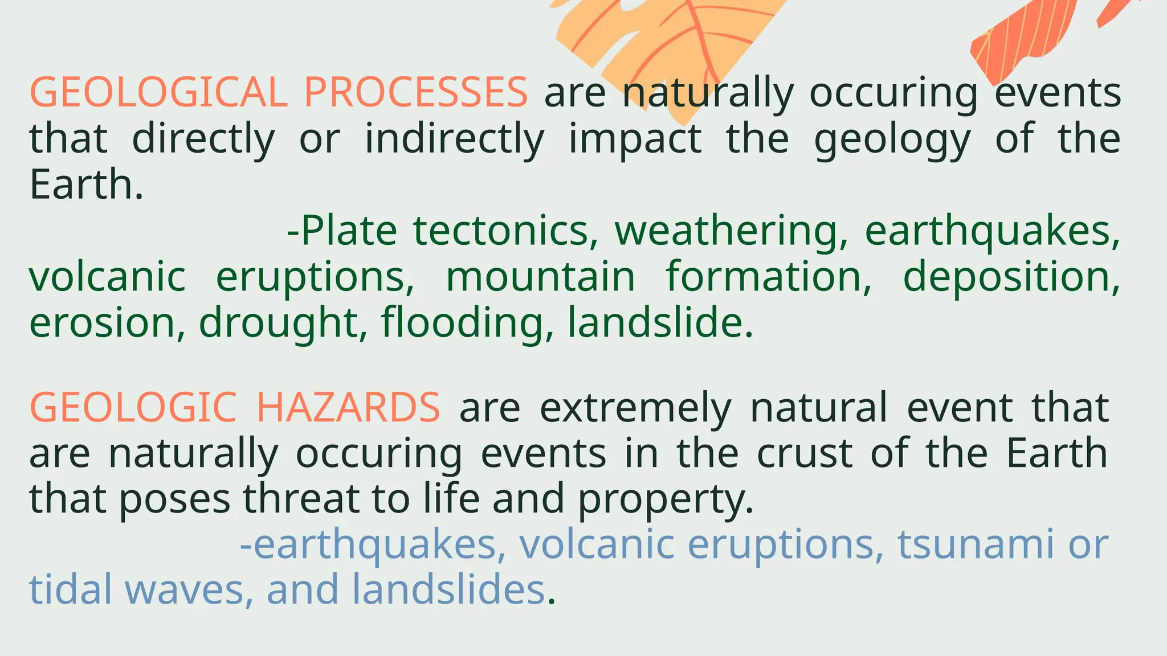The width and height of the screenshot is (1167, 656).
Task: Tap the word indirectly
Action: point(455,139)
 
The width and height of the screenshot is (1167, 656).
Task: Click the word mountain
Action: point(540,277)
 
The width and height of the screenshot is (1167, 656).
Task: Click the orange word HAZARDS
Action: point(348,408)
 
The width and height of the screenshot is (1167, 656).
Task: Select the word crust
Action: point(805,453)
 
